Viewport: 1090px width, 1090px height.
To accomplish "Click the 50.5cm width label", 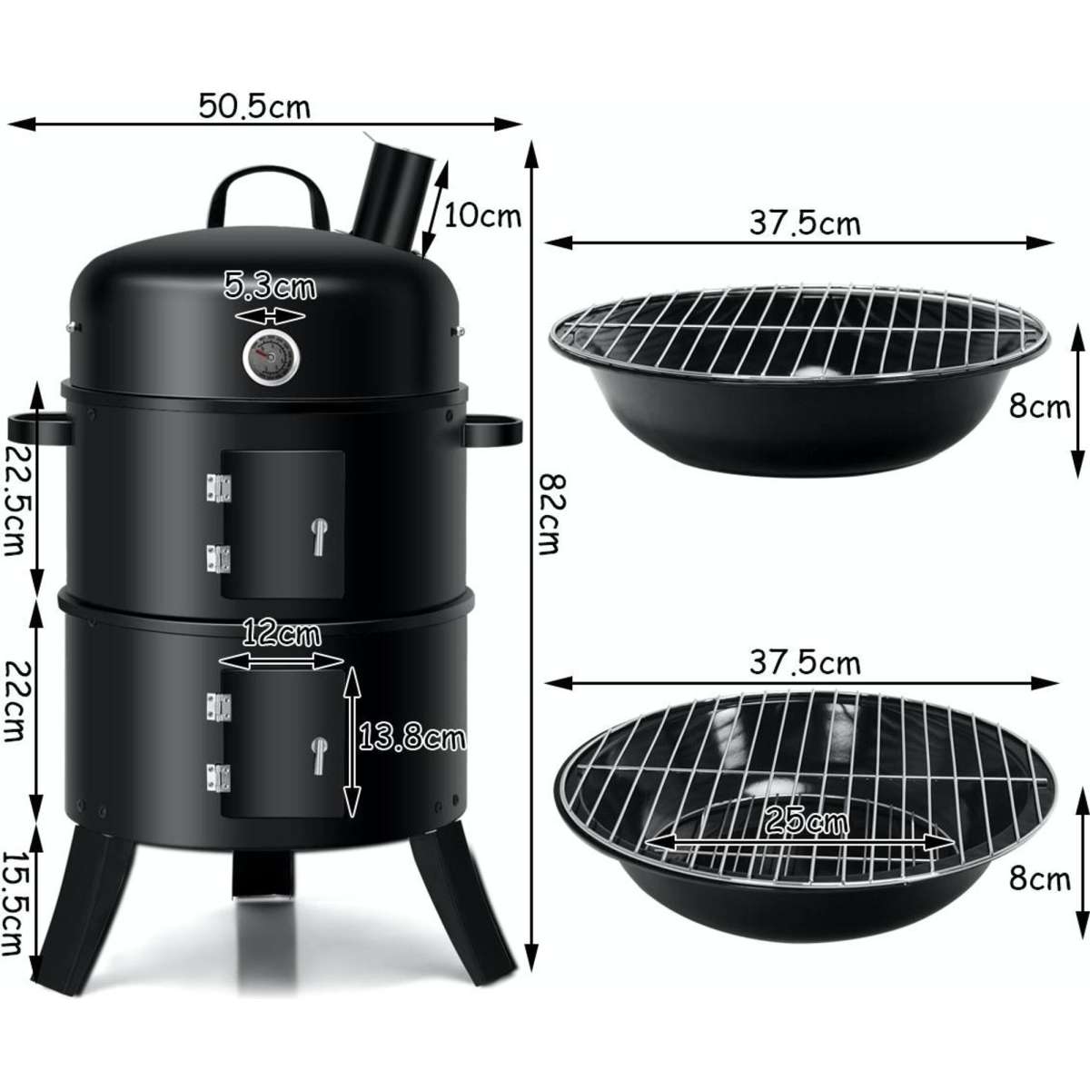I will [255, 106].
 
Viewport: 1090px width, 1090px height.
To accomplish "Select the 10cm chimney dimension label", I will [481, 216].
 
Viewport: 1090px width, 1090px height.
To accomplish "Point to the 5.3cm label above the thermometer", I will [270, 288].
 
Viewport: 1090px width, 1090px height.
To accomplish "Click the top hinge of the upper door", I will [215, 487].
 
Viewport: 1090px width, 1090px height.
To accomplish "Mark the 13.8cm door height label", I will [411, 738].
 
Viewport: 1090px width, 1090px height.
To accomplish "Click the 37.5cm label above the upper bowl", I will [804, 223].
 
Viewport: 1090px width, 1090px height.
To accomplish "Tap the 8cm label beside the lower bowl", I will [1040, 878].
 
